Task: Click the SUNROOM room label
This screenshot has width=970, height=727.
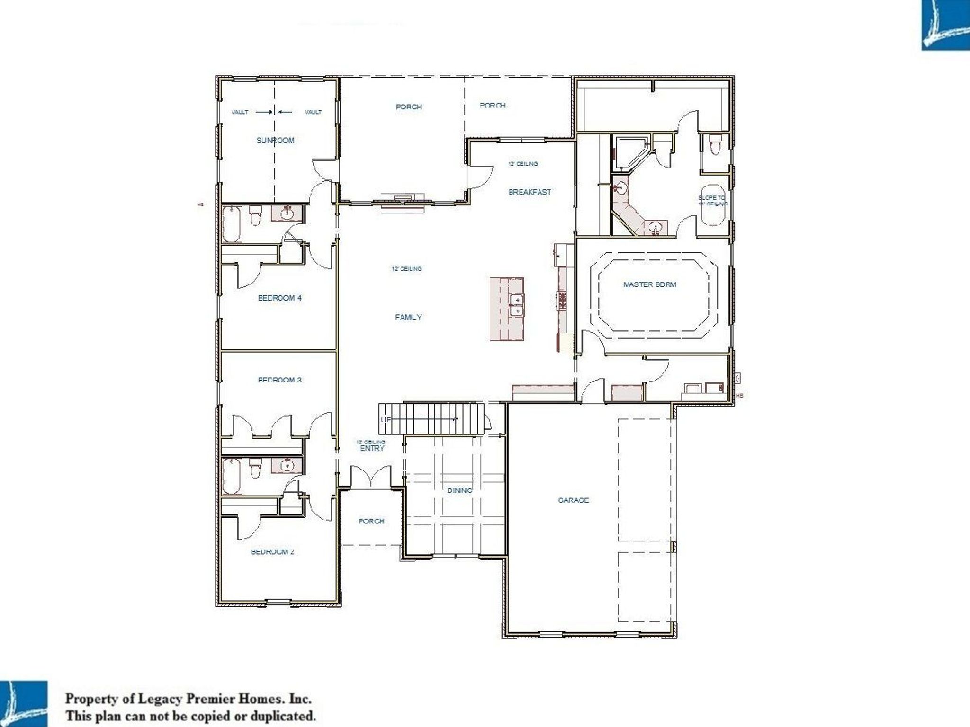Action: click(275, 140)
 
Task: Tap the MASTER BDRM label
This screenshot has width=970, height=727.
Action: click(649, 284)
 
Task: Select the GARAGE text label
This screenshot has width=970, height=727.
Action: click(573, 500)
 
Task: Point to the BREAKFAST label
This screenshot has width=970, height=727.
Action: click(530, 192)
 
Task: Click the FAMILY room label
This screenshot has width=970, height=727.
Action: click(408, 317)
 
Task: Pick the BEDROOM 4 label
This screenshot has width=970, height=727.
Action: click(279, 298)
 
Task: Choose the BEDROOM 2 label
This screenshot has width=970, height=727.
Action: click(272, 551)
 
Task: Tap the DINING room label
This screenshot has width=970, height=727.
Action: click(459, 490)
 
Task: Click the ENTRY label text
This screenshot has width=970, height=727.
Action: click(372, 448)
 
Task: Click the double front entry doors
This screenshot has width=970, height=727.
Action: click(371, 477)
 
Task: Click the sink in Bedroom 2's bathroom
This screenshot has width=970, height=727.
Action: click(286, 466)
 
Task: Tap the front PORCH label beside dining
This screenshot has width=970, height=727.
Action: click(371, 521)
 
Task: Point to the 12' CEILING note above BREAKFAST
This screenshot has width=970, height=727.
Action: click(523, 164)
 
